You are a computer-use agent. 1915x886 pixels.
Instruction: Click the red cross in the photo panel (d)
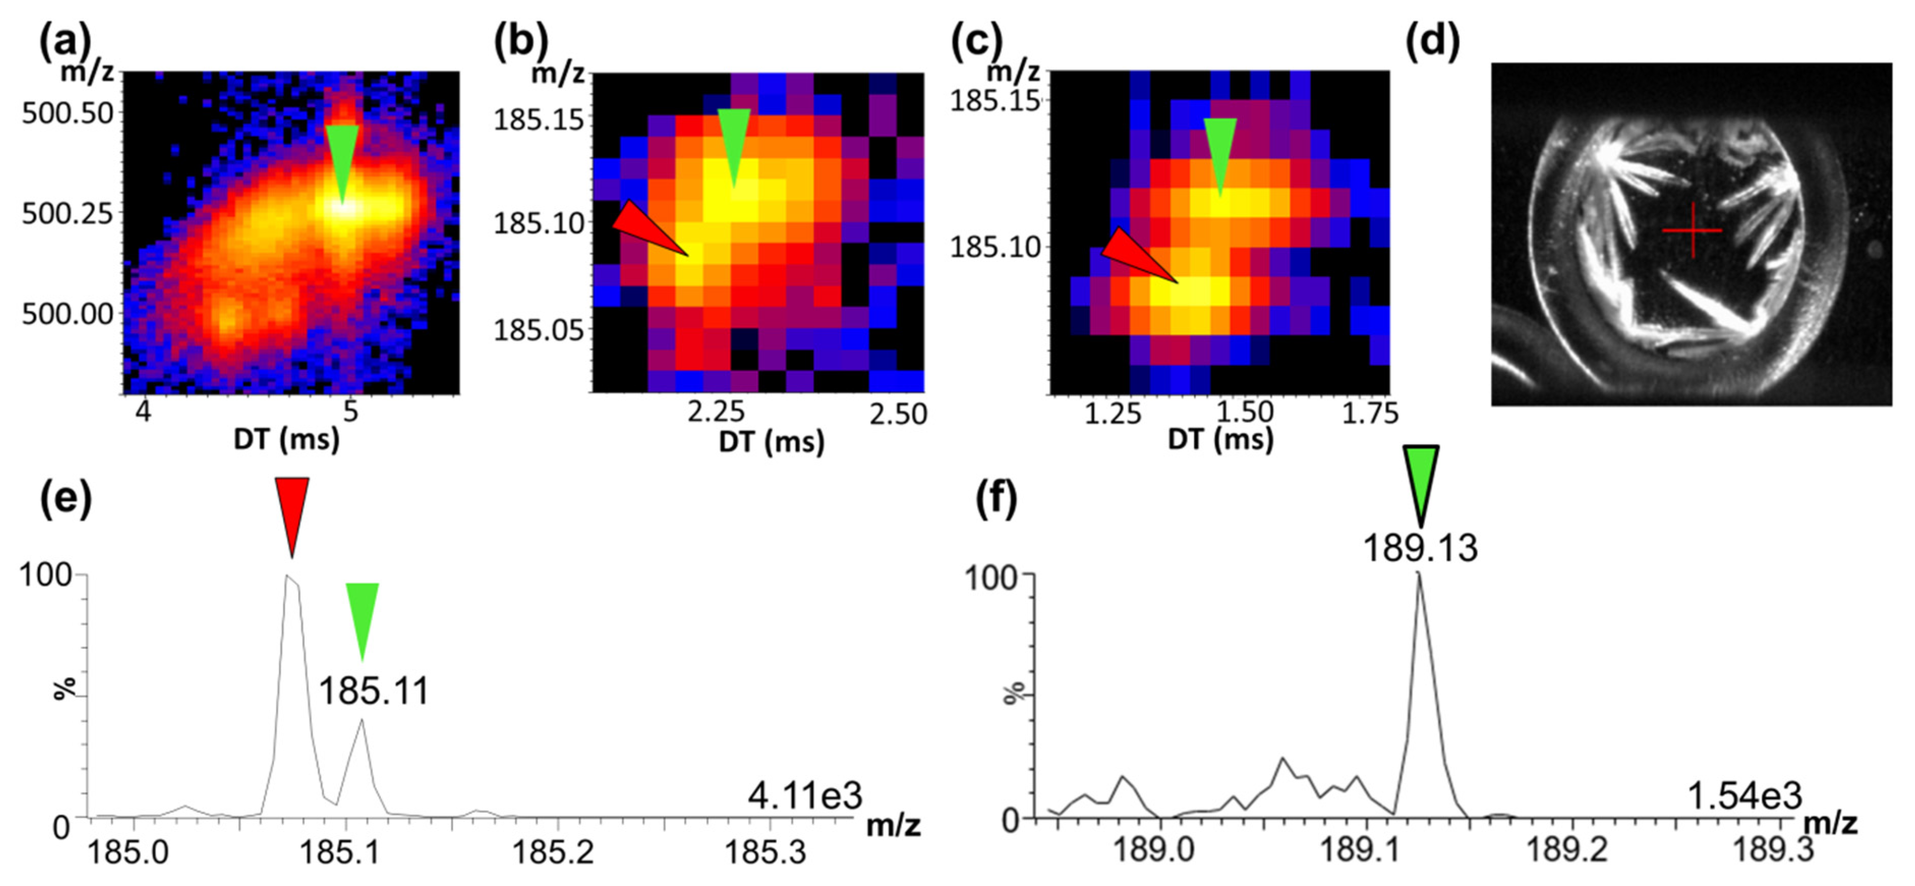1692,231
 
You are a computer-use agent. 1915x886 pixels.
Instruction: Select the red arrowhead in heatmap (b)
645,226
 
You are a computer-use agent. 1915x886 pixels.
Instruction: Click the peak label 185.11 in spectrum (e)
374,691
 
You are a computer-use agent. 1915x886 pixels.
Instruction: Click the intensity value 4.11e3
805,796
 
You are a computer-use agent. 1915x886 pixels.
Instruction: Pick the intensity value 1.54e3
1745,796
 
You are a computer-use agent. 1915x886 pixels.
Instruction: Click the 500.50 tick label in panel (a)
68,113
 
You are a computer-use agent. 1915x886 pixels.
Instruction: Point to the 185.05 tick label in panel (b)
540,329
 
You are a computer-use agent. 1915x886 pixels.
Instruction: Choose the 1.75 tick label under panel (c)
1369,413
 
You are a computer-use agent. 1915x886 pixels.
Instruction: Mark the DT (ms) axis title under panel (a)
286,439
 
